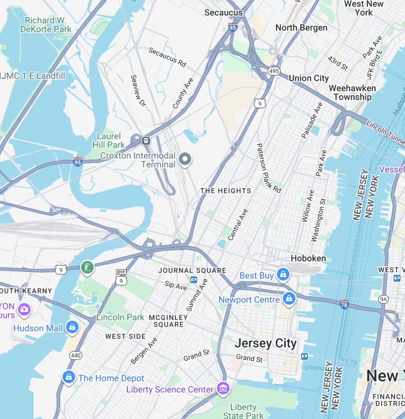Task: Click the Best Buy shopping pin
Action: [x=283, y=274]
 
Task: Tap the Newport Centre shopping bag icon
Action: [x=289, y=298]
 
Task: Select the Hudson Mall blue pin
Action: [x=72, y=327]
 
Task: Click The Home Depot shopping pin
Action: [x=69, y=377]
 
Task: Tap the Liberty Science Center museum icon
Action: [x=223, y=388]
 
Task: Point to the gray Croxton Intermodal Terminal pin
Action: [x=185, y=159]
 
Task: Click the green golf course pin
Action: [x=87, y=268]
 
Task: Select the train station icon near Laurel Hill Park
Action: [x=146, y=140]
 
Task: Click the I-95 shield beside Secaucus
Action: [x=233, y=27]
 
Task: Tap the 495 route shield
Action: [x=274, y=71]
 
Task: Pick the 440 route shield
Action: [x=76, y=356]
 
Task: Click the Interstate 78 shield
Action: [x=344, y=304]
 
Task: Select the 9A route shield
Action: [x=383, y=299]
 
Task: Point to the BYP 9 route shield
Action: [x=121, y=278]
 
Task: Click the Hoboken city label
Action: [x=308, y=258]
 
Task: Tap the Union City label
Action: [x=308, y=78]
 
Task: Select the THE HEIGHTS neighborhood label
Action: [x=226, y=191]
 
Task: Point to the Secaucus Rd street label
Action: [x=167, y=57]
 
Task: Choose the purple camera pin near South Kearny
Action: [x=24, y=309]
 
